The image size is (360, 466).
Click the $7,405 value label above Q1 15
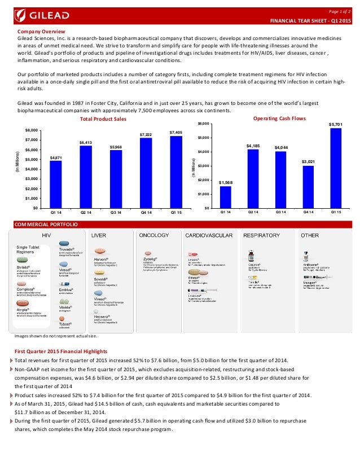click(x=176, y=132)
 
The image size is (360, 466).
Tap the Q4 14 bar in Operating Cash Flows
click(x=309, y=187)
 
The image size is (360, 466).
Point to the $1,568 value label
click(x=225, y=183)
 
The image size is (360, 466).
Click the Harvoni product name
click(x=101, y=260)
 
